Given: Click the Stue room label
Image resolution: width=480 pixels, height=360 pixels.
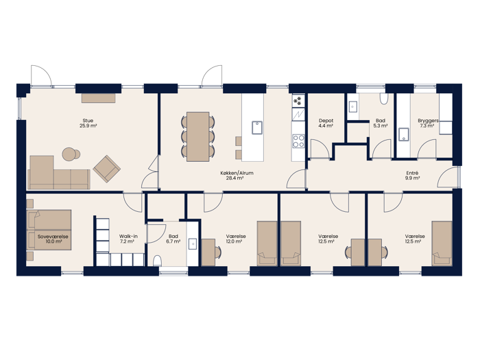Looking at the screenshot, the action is click(88, 120).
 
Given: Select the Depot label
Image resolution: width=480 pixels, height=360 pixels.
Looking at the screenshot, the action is click(326, 121).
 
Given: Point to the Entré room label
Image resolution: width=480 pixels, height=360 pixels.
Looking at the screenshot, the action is click(412, 173).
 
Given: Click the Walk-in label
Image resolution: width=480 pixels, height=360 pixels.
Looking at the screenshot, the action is click(128, 237).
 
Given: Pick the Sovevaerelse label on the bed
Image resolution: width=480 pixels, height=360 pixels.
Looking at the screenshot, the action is click(53, 237).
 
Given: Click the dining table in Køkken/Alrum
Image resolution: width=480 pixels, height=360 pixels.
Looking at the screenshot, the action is click(197, 136).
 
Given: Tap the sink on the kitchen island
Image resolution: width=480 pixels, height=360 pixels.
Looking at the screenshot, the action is click(257, 128).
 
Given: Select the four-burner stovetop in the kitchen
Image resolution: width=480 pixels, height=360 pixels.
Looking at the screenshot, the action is click(298, 141).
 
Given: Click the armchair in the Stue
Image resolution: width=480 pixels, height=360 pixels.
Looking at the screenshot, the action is click(107, 169).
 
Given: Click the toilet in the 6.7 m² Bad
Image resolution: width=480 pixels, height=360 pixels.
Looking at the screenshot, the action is click(157, 261).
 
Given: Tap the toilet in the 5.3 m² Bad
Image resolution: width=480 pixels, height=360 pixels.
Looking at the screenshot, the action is click(384, 99).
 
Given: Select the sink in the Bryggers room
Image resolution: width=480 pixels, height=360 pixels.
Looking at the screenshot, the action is click(404, 134).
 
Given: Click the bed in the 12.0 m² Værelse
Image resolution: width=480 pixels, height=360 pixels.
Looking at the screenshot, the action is click(267, 243).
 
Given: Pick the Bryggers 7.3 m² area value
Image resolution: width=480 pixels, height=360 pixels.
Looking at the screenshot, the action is click(427, 125).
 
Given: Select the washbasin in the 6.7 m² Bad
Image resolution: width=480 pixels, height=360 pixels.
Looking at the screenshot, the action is click(193, 244).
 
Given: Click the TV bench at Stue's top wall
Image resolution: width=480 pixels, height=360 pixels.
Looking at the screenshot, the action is click(98, 97).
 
